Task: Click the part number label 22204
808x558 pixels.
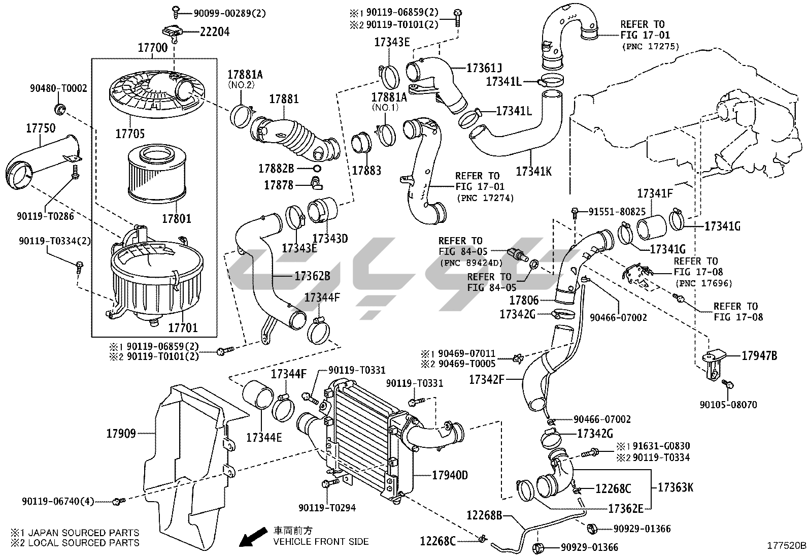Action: tap(215, 32)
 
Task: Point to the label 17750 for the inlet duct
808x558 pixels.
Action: tap(41, 129)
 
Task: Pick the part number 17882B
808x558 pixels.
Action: tap(276, 169)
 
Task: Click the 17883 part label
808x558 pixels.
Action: tap(366, 170)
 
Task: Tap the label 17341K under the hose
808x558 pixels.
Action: tap(533, 171)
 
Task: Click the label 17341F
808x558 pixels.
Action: tap(655, 193)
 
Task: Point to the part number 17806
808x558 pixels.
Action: tap(524, 301)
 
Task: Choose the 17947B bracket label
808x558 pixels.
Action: tap(759, 356)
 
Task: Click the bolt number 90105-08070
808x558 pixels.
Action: tap(728, 405)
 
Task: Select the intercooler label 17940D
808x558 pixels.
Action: tap(450, 475)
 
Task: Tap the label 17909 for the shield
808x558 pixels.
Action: tap(121, 434)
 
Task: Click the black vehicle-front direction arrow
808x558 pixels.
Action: tap(253, 537)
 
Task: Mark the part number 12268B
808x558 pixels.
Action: tap(484, 516)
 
